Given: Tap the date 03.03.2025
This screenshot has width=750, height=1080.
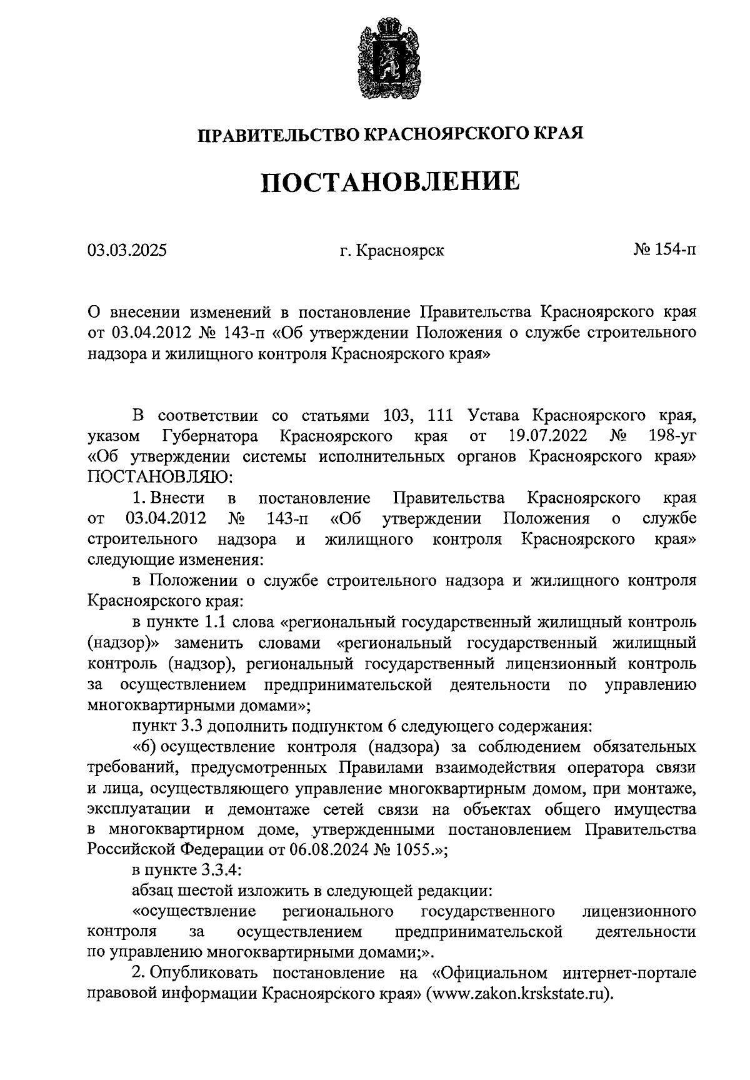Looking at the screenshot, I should coord(127,251).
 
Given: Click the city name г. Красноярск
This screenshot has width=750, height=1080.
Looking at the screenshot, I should coord(391,251).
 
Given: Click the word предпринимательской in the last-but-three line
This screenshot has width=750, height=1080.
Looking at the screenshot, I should coord(479,932).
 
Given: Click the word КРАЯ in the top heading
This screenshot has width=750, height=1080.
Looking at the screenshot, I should coord(558,133).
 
